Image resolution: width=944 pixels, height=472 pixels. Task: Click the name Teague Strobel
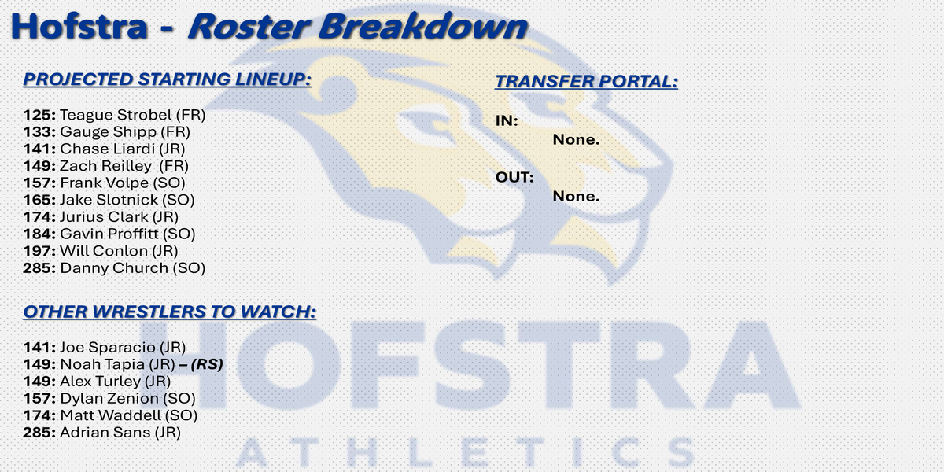(116, 115)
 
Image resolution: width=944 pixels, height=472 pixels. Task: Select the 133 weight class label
(39, 132)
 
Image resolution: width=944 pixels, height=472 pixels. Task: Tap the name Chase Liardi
(108, 149)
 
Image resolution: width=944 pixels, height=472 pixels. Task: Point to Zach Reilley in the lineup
(105, 166)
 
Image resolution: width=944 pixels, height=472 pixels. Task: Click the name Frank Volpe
(104, 183)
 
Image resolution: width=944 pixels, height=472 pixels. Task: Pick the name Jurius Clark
(104, 216)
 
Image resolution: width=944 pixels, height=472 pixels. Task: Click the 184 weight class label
(39, 234)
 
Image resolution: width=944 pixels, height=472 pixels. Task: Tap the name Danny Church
(114, 268)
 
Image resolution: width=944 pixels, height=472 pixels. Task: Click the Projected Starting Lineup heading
(167, 79)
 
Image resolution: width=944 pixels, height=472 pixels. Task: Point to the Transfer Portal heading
(586, 81)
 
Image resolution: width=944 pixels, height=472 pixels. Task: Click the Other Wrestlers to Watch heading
(169, 312)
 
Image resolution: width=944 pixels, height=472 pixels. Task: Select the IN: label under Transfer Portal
(507, 121)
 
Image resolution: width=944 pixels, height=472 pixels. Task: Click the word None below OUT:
(576, 196)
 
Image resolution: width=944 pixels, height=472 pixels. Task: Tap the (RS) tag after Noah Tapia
(206, 364)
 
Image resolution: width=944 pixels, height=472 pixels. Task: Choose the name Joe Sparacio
(108, 347)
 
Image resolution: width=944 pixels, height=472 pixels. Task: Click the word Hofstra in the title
(79, 26)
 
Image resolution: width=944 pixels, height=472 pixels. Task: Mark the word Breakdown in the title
(422, 26)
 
